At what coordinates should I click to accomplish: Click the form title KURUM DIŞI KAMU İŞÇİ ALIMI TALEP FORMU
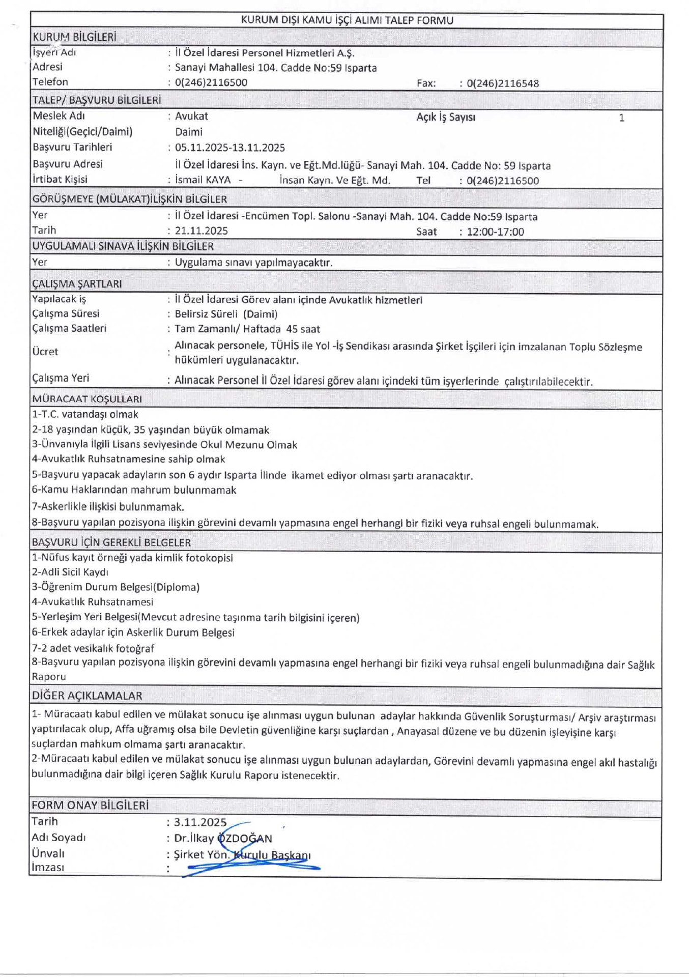tap(347, 20)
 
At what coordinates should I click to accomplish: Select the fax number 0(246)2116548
tap(503, 83)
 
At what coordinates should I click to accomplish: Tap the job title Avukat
tap(191, 116)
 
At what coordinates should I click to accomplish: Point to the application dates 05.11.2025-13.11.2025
tap(230, 148)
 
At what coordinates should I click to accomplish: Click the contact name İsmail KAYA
tap(203, 180)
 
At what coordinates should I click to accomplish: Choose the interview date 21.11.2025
tap(202, 231)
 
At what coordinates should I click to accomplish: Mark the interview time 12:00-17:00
tap(495, 232)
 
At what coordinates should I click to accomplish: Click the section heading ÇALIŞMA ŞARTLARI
tap(77, 283)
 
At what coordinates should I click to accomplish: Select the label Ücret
tap(45, 352)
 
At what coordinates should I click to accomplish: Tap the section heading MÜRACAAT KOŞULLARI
tap(87, 399)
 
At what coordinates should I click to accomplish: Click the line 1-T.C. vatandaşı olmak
tap(85, 414)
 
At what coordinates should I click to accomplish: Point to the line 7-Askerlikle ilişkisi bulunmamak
tap(108, 506)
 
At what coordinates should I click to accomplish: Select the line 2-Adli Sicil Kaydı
tap(70, 572)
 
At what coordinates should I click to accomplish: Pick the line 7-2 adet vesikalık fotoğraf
tap(93, 648)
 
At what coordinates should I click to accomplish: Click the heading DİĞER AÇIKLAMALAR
tap(87, 696)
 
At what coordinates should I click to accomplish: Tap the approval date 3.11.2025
tap(200, 822)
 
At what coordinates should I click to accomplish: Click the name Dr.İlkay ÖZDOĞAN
tap(223, 838)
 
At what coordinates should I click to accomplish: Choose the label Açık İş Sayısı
tap(446, 117)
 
